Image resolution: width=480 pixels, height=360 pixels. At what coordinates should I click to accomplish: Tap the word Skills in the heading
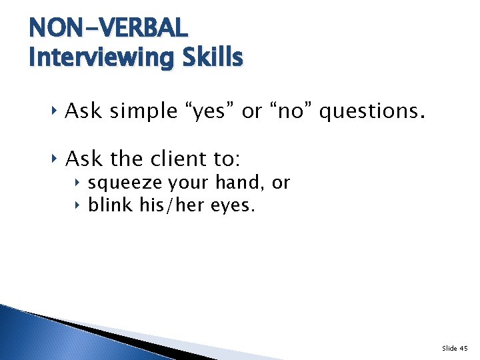pyautogui.click(x=217, y=58)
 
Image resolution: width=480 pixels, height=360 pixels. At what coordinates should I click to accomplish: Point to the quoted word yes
pyautogui.click(x=213, y=111)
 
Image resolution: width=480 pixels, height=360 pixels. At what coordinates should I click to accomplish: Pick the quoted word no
pyautogui.click(x=290, y=111)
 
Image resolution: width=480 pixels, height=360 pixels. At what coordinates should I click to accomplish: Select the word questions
pyautogui.click(x=371, y=111)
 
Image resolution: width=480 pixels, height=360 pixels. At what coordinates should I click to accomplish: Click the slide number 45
pyautogui.click(x=464, y=348)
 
